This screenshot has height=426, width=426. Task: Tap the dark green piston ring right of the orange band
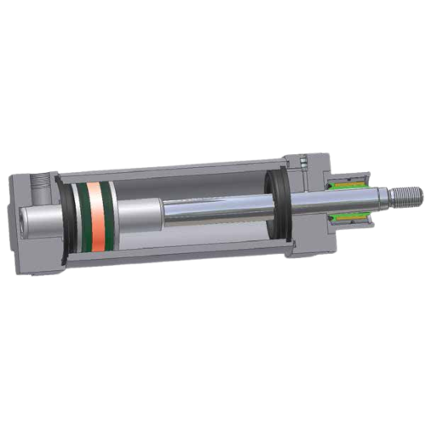pyautogui.click(x=111, y=217)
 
